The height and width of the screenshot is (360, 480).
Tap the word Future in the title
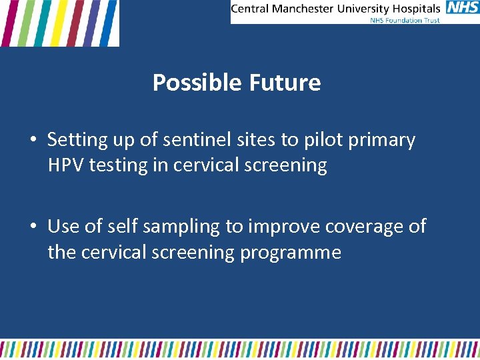[x=285, y=83]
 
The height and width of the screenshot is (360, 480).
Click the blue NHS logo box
[x=462, y=8]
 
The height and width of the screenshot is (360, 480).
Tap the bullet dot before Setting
[x=33, y=141]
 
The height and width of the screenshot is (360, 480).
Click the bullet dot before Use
[x=33, y=227]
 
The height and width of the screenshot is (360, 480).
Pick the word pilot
[x=315, y=140]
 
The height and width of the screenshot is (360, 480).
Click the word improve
[x=285, y=228]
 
